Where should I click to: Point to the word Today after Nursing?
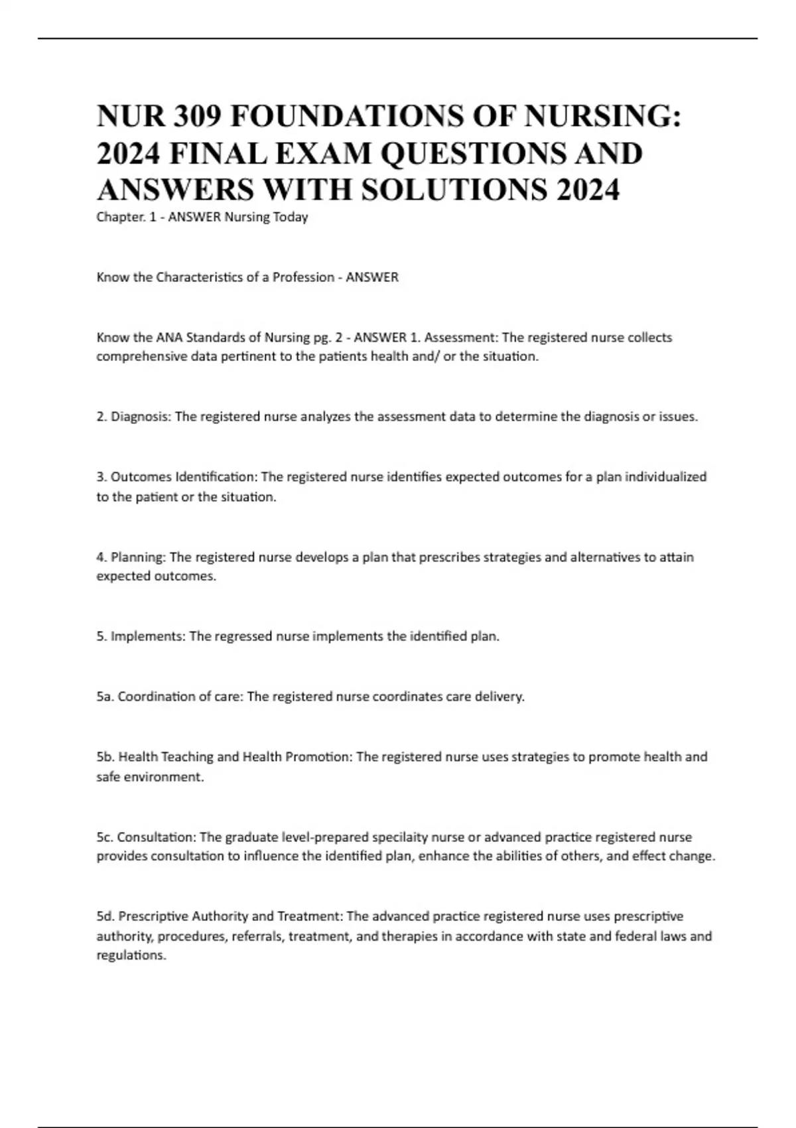tap(291, 217)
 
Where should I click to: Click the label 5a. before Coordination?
tap(105, 697)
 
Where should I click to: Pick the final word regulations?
tap(131, 955)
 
